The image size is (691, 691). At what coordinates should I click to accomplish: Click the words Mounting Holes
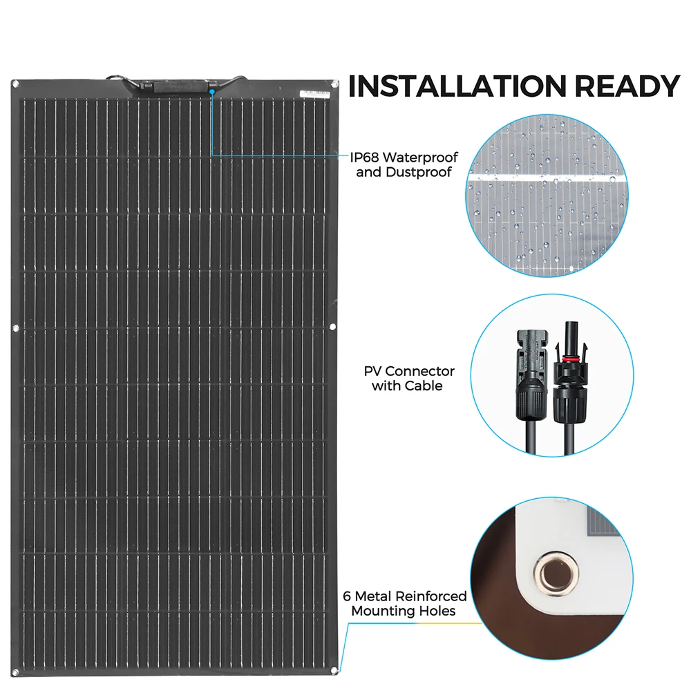coord(404,611)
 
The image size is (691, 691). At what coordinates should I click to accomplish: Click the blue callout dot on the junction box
coord(211,90)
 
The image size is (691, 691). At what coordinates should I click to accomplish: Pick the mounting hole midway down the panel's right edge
coord(334,327)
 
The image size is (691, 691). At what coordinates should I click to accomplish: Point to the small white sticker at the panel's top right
coord(316,92)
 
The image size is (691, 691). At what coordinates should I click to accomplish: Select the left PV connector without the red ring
coord(529,373)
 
